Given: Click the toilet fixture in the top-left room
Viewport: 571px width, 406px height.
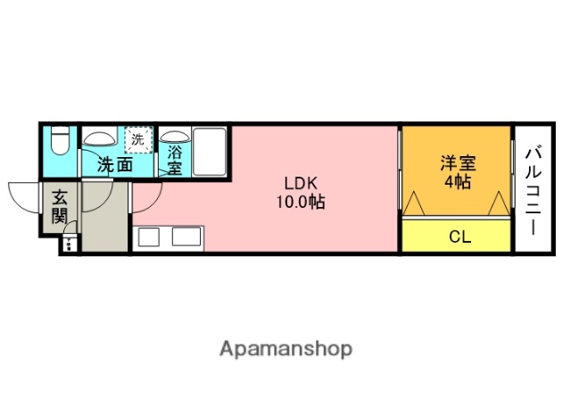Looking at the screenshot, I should (60, 142).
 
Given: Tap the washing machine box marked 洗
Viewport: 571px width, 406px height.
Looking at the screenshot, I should (138, 139).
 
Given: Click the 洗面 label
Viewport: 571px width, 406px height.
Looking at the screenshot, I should (115, 164).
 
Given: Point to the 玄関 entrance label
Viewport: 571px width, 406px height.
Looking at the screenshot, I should (59, 206).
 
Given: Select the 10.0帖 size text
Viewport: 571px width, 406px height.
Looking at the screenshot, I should (300, 203).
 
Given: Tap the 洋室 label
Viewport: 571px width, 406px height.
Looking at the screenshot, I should (458, 163).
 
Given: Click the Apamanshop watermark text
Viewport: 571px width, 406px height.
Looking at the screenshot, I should (285, 349).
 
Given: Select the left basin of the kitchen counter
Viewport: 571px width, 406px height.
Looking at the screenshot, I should (149, 237).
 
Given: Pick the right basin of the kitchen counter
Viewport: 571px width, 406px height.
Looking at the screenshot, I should (186, 237).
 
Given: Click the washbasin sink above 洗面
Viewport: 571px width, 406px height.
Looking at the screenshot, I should (98, 138).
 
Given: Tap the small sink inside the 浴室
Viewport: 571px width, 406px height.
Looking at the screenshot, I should (172, 138).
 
